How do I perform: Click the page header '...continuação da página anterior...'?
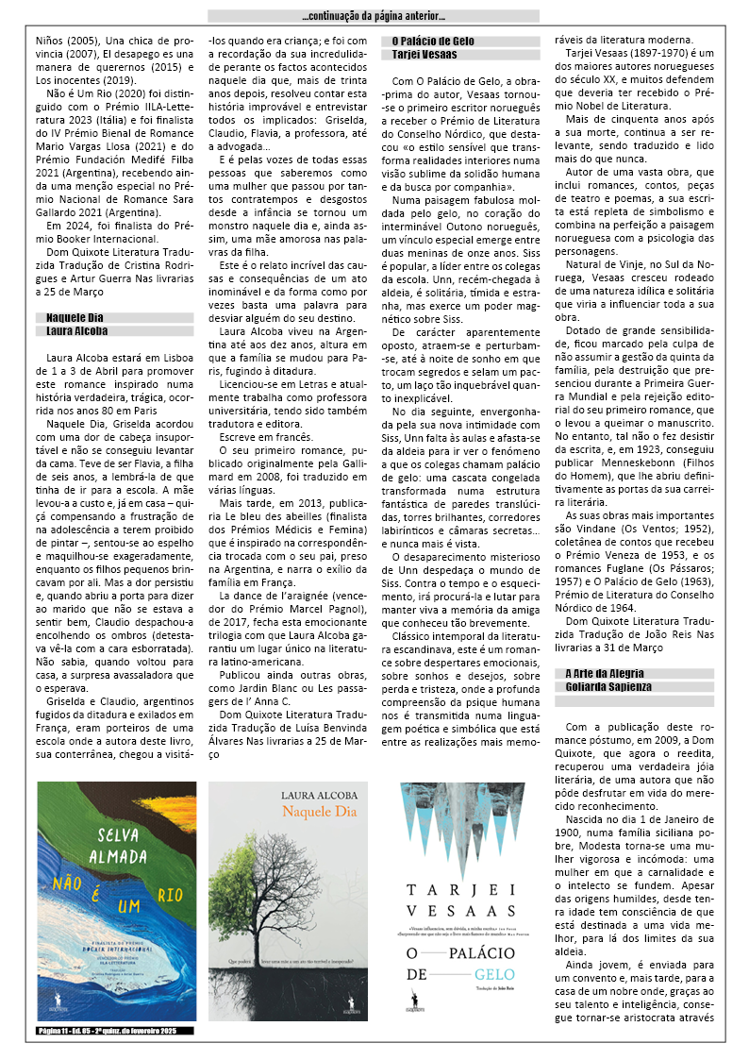coord(374,16)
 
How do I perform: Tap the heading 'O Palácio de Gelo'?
coord(433,42)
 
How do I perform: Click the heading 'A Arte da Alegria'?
coord(605,672)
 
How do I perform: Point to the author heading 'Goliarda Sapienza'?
coord(608,686)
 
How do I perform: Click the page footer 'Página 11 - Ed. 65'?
coord(116,1031)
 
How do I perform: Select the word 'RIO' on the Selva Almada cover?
coord(171,893)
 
